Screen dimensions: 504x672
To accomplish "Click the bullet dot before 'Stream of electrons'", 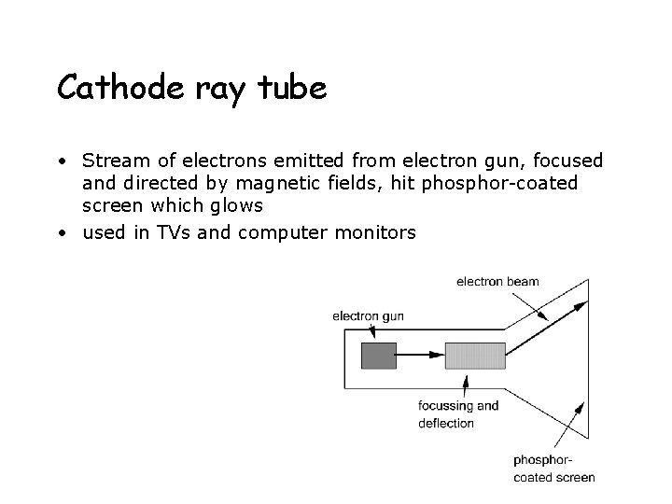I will point(61,161).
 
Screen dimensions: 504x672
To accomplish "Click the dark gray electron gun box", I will point(378,355).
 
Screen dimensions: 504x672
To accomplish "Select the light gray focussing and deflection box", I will point(475,355).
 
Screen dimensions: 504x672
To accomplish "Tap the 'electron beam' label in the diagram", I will point(497,282).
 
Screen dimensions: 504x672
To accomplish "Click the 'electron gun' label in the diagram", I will point(368,315).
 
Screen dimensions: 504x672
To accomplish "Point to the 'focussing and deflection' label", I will point(458,414).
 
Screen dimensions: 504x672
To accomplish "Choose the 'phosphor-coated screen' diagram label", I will point(553,469).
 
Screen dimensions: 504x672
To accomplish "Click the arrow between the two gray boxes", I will point(420,355).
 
